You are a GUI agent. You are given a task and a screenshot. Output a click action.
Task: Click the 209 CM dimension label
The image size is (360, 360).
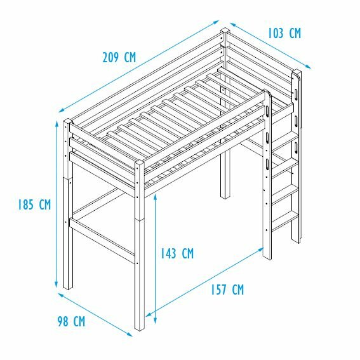[119, 57]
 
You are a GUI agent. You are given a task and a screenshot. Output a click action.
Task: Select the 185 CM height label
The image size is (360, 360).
[34, 204]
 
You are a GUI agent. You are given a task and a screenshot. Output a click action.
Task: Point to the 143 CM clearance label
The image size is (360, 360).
[177, 254]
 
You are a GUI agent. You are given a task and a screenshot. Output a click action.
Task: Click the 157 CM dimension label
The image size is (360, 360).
[227, 290]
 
